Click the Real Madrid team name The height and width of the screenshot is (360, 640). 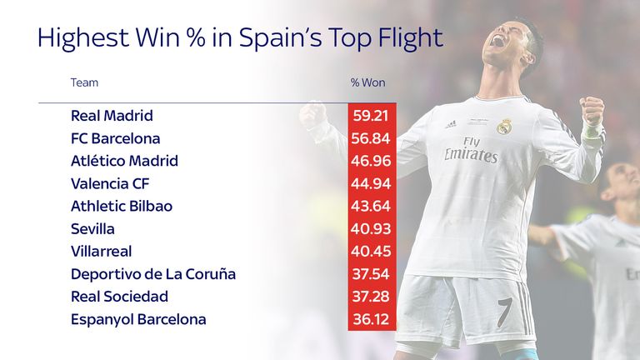pyautogui.click(x=112, y=116)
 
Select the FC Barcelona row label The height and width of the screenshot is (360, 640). pyautogui.click(x=116, y=138)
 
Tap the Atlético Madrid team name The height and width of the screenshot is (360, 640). pyautogui.click(x=125, y=161)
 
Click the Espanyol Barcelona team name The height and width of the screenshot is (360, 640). pyautogui.click(x=138, y=319)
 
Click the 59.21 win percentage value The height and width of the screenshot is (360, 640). pyautogui.click(x=372, y=116)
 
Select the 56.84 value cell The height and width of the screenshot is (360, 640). pyautogui.click(x=372, y=138)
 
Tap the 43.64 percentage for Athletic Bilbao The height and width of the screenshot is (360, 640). pyautogui.click(x=372, y=206)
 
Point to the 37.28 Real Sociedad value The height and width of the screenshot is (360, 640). pyautogui.click(x=372, y=297)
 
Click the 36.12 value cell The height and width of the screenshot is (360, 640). pyautogui.click(x=372, y=319)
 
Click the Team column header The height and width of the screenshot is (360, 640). pyautogui.click(x=84, y=82)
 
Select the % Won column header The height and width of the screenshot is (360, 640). pyautogui.click(x=367, y=82)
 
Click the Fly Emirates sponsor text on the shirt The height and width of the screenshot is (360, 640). pyautogui.click(x=471, y=150)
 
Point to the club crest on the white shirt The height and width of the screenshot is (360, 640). pyautogui.click(x=504, y=126)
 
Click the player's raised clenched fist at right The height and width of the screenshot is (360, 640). pyautogui.click(x=592, y=111)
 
